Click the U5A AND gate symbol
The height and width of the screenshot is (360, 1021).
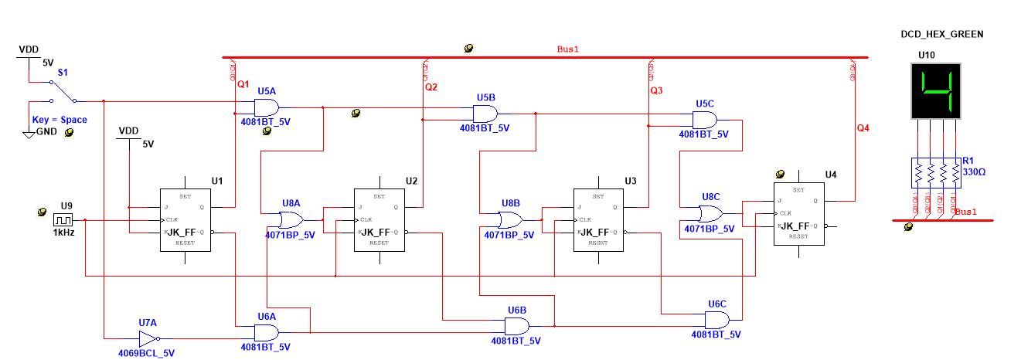[267, 107]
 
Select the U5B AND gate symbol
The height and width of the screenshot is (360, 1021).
[485, 114]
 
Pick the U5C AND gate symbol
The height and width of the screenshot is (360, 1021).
[704, 120]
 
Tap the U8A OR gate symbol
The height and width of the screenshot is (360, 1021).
[291, 220]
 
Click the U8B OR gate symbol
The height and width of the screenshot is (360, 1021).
[510, 220]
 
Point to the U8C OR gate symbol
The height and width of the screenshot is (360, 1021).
[710, 213]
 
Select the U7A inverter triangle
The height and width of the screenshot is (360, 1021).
[147, 338]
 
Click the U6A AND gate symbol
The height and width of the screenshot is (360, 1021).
[266, 333]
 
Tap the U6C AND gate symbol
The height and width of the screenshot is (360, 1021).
[716, 320]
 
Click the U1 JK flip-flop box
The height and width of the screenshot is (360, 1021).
[185, 220]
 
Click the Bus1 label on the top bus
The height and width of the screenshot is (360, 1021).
[567, 49]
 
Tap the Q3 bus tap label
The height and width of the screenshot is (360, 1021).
[656, 91]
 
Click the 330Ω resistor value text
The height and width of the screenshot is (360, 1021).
[975, 172]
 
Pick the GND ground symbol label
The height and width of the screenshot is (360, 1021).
[46, 133]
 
